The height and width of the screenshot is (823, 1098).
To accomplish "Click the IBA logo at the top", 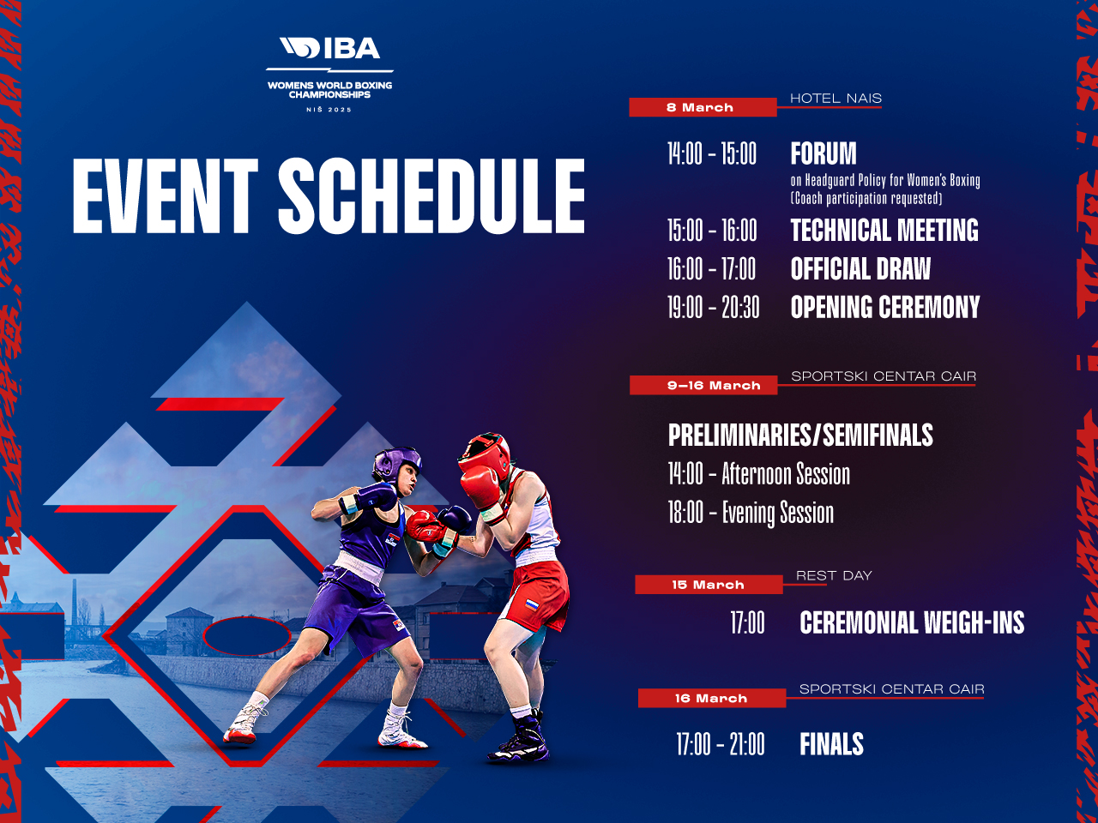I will click(x=329, y=50).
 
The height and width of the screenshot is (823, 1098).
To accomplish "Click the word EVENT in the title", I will click(x=165, y=196).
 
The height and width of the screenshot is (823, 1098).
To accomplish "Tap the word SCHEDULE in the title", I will click(x=431, y=196).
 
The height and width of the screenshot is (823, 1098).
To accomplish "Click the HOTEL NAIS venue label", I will click(x=836, y=98).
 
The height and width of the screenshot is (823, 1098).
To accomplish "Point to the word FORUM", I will click(x=823, y=154).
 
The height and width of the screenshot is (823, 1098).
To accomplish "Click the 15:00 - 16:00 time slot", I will click(x=712, y=231).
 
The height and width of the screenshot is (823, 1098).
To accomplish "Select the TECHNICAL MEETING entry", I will click(x=884, y=231).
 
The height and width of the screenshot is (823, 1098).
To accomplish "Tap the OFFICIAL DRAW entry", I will click(x=860, y=269).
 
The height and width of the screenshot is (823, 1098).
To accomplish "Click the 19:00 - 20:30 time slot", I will click(x=714, y=308).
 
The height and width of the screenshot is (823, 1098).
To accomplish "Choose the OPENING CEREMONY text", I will click(x=885, y=308).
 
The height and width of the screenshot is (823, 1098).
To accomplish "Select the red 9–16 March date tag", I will click(x=703, y=386).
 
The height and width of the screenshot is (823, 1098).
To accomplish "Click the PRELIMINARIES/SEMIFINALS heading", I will click(x=800, y=436).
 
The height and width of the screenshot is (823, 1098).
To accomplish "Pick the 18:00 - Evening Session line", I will click(x=751, y=513).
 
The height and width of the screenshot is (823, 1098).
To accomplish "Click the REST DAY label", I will click(x=833, y=575).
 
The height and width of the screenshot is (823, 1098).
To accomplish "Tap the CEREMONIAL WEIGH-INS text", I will click(x=912, y=622).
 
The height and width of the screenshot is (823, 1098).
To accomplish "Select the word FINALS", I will click(x=831, y=744).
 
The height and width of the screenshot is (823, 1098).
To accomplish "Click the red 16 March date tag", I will click(x=711, y=699).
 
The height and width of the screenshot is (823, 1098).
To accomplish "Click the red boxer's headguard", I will click(x=486, y=455).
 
